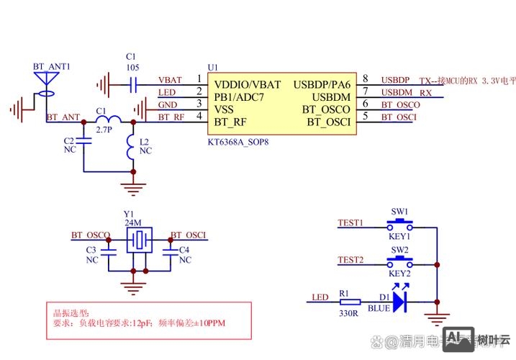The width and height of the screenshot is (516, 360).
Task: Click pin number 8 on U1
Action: click(x=366, y=78)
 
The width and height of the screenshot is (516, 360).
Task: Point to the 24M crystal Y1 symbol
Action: click(x=139, y=240)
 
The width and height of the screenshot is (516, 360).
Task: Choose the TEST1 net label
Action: click(x=350, y=222)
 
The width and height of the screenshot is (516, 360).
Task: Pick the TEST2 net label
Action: click(x=350, y=259)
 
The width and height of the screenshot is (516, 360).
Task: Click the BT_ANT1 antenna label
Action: click(x=51, y=66)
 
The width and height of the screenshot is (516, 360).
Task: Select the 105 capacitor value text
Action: click(x=130, y=67)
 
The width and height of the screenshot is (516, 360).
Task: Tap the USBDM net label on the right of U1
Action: click(x=397, y=92)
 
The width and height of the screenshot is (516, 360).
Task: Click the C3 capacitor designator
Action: click(x=91, y=249)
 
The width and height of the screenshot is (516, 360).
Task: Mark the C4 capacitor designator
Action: click(x=184, y=249)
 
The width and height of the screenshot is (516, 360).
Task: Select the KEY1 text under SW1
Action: click(x=399, y=235)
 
